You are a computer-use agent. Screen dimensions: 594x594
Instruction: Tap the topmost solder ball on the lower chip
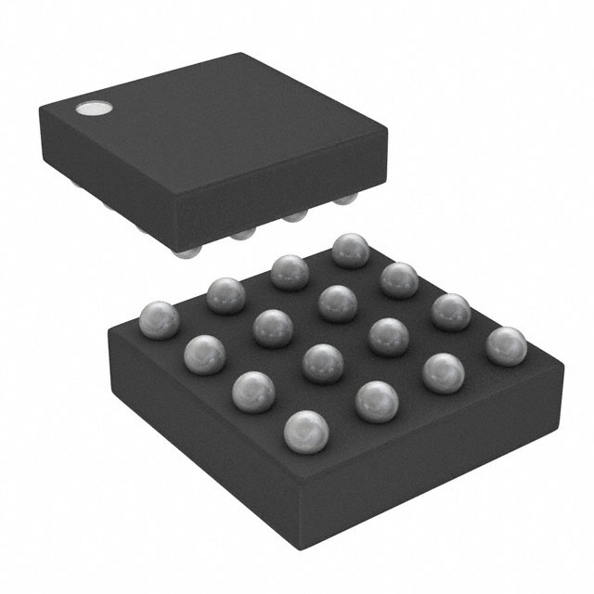coord(351,250)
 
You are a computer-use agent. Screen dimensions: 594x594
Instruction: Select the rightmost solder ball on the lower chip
coord(506,346)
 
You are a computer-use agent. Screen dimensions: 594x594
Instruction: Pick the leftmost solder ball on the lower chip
coord(159,320)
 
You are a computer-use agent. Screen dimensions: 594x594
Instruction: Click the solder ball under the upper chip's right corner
coord(345,200)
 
